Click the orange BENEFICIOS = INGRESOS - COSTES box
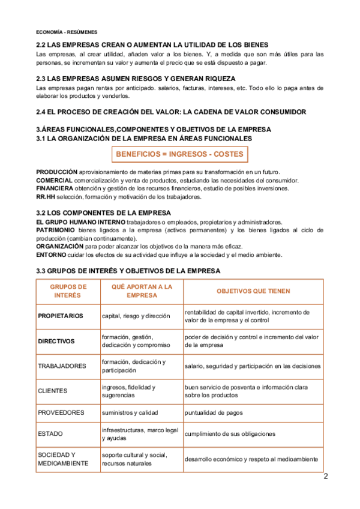(x=179, y=154)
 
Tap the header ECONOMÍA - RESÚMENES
(x=67, y=31)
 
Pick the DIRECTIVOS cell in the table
(x=56, y=341)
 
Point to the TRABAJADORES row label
(x=62, y=366)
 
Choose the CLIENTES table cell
(x=53, y=391)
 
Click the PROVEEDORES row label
(x=61, y=412)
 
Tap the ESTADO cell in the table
(x=50, y=433)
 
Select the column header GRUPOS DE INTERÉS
(x=67, y=291)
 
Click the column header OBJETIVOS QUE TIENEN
(x=253, y=291)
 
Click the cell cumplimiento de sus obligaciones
(x=230, y=433)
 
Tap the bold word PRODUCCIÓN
(x=57, y=172)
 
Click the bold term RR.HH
(x=46, y=196)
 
